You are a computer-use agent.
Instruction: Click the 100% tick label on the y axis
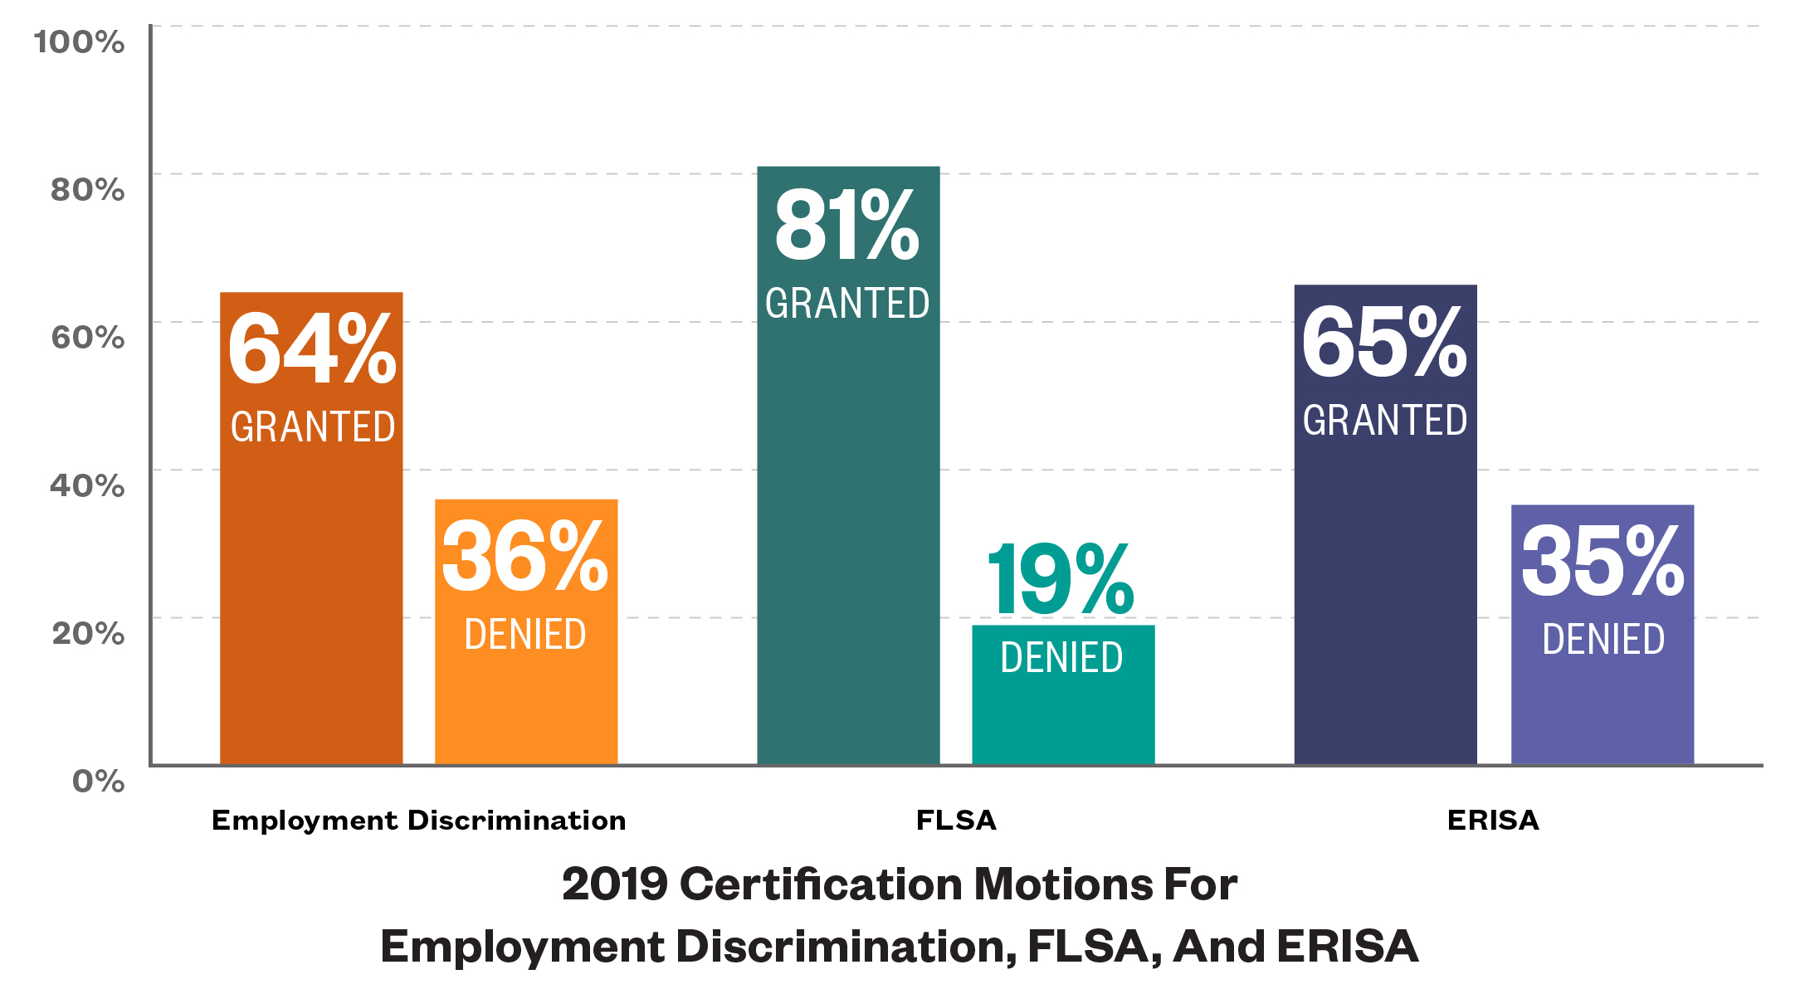[80, 41]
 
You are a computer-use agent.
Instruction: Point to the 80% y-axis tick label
[87, 190]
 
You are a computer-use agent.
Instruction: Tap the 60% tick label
[87, 338]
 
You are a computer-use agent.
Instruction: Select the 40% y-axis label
[87, 485]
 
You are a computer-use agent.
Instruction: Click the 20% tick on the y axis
[87, 633]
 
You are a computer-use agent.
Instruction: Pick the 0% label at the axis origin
[98, 781]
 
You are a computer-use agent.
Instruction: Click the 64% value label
[312, 349]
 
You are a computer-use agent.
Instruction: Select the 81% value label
[847, 226]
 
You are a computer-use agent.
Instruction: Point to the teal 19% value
[1061, 580]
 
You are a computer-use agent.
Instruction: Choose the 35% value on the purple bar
[1603, 563]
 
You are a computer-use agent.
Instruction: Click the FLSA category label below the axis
[956, 821]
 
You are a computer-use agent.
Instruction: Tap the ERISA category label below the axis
[1493, 821]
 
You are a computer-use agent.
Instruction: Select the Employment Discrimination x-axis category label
[419, 821]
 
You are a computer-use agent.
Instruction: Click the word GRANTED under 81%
[847, 304]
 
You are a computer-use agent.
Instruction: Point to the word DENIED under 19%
[1061, 658]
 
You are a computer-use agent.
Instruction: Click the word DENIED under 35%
[1603, 640]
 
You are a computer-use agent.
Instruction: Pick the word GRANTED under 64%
[313, 427]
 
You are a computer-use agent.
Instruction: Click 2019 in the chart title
[614, 884]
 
